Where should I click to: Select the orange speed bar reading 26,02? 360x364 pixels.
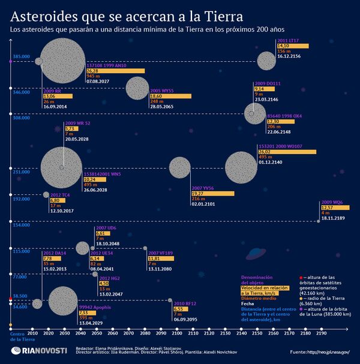pos(287,152)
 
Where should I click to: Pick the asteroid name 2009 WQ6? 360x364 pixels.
pos(332,203)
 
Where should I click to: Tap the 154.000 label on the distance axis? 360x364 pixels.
pos(22,225)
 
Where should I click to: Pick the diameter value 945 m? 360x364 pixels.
pos(94,76)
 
